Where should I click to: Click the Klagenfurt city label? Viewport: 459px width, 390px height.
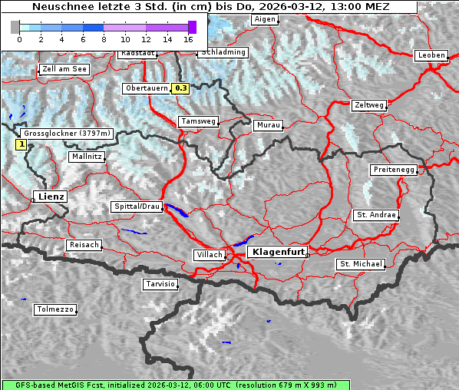pos(279,251)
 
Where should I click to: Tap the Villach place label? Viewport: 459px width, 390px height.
pos(209,254)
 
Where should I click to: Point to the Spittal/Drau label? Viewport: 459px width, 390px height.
pos(137,207)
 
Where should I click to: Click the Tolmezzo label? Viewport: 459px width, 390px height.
pos(55,309)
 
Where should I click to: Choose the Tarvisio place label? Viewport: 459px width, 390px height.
pos(160,284)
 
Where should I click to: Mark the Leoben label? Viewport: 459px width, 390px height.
pos(431,55)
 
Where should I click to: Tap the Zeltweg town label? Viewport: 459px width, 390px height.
pos(368,104)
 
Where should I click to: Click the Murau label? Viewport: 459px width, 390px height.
pos(269,124)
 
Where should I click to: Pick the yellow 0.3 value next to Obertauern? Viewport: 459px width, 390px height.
pos(180,88)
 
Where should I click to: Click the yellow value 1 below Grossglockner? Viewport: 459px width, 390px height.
pos(21,144)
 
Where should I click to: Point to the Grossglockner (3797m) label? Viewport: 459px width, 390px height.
pos(68,134)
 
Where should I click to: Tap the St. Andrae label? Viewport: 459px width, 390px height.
pos(376,215)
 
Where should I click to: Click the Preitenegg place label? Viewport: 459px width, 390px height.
pos(394,169)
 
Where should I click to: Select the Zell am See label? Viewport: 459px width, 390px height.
pos(64,69)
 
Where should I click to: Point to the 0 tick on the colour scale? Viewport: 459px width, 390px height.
pos(19,38)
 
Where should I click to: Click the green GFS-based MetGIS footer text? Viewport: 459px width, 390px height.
pos(169,385)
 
